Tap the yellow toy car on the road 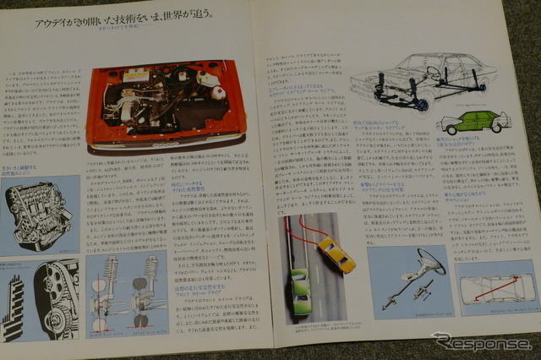coord(336,254)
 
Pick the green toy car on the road coord(300,291)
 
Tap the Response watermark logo coord(481,342)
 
